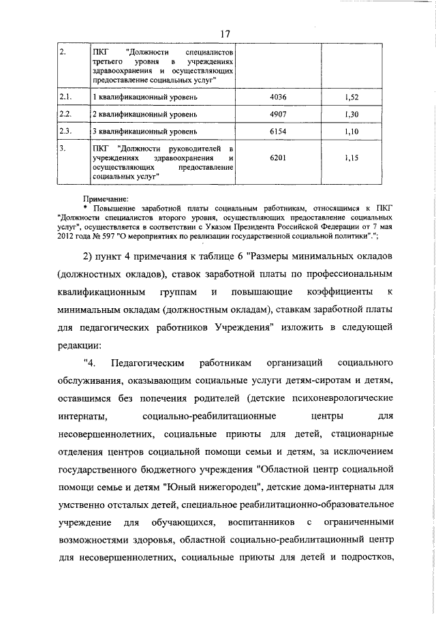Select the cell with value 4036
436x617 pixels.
point(279,98)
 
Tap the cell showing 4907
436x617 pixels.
point(279,114)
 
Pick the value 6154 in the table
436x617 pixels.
point(279,130)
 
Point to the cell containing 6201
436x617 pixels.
point(279,157)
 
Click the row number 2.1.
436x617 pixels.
point(66,98)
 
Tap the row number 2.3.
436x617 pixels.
point(66,130)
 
